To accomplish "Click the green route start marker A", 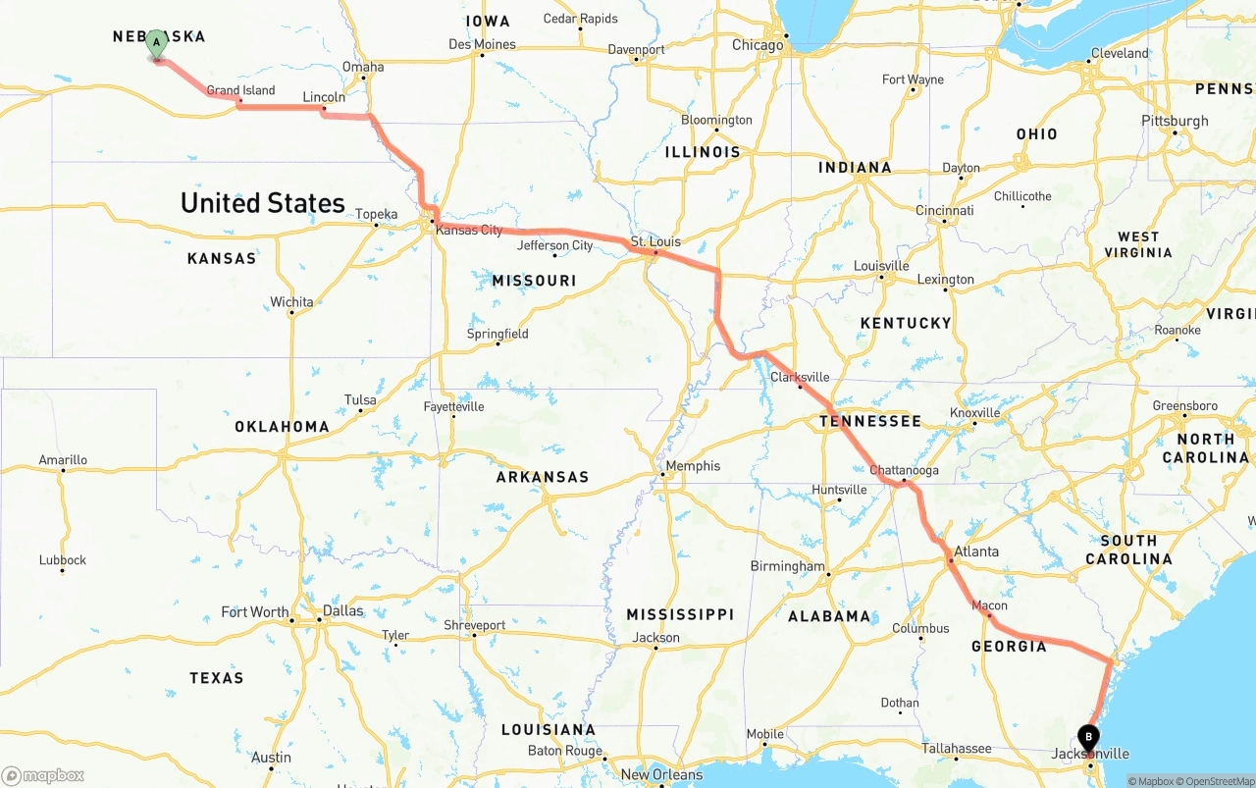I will click(x=156, y=44).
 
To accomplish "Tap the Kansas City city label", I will click(x=469, y=230).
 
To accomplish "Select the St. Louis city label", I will click(x=655, y=241).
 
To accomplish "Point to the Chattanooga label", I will click(x=904, y=470).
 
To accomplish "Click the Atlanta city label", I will click(x=976, y=552).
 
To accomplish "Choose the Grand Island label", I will click(x=240, y=90).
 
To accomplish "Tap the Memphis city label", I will click(x=693, y=466).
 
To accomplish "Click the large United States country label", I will click(x=263, y=203).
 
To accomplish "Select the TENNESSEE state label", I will click(x=870, y=421).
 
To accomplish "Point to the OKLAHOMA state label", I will click(x=282, y=427).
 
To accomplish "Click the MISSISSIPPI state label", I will click(x=680, y=614).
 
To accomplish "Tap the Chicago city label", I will click(x=758, y=45).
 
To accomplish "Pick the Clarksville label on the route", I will click(x=800, y=377).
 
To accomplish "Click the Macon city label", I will click(x=989, y=605).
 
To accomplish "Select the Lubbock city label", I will click(x=63, y=560).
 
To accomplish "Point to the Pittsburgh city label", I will click(x=1175, y=121).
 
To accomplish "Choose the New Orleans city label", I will click(x=661, y=774).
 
